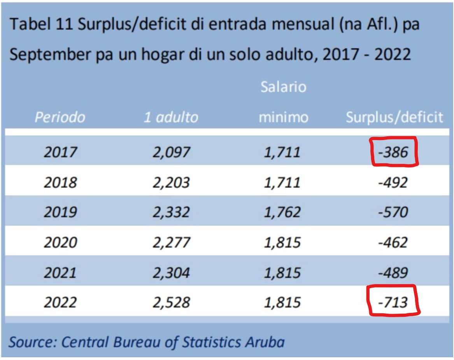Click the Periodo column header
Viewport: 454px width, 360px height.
60,117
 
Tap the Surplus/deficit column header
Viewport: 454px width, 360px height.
394,117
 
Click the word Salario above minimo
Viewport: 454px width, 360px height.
283,87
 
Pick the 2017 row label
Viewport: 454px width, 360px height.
60,152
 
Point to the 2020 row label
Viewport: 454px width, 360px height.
60,242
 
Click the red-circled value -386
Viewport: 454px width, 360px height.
393,152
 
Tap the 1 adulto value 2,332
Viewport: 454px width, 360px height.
171,212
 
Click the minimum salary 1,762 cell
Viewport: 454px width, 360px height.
282,212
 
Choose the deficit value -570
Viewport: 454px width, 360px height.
393,212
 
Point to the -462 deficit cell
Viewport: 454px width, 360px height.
393,242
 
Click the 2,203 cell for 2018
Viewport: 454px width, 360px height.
171,182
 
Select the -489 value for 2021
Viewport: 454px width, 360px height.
393,273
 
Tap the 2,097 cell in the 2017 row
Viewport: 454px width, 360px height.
171,152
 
